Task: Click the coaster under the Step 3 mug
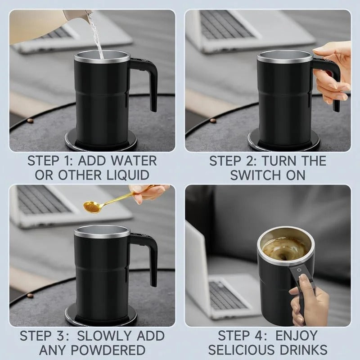(x=101, y=316)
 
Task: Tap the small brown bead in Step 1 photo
(x=30, y=121)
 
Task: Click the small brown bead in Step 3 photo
(x=30, y=296)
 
